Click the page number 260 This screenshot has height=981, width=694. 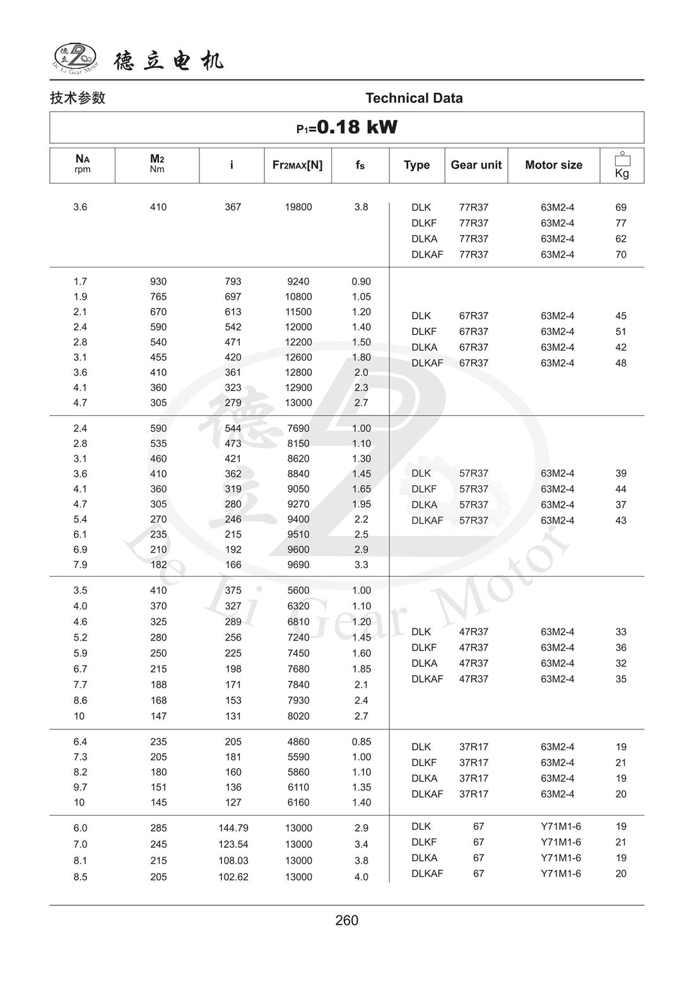tap(346, 920)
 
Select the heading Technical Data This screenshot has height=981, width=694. tap(414, 98)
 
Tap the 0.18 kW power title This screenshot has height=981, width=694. tap(347, 127)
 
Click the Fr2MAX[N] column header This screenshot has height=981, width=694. tap(297, 165)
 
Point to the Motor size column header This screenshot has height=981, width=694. tap(553, 165)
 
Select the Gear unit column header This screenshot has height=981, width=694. tap(476, 165)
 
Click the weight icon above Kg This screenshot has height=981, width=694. tap(622, 159)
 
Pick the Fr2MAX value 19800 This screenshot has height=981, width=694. tap(298, 207)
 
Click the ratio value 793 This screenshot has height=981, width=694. tap(233, 281)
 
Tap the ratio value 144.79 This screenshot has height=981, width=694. tap(233, 828)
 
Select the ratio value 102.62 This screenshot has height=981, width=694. tap(233, 877)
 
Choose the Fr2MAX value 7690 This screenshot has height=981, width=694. tap(298, 428)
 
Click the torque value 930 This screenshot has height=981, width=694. tap(158, 281)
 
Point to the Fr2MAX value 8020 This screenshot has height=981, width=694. tap(298, 716)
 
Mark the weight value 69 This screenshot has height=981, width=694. tap(621, 207)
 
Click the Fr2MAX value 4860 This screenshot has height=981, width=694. tap(298, 742)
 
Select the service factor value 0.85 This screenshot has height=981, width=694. tap(361, 742)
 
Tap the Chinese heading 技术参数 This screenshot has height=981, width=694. tap(78, 98)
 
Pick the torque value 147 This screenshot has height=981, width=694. tap(158, 716)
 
